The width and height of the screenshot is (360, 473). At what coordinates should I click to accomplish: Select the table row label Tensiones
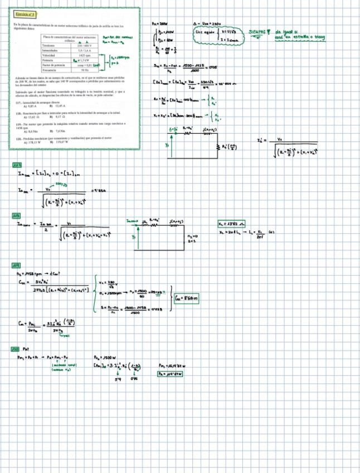tap(48, 44)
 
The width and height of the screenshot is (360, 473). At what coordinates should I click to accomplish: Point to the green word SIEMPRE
tap(257, 32)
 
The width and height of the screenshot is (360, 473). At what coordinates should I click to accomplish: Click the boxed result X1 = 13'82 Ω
tap(231, 224)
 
